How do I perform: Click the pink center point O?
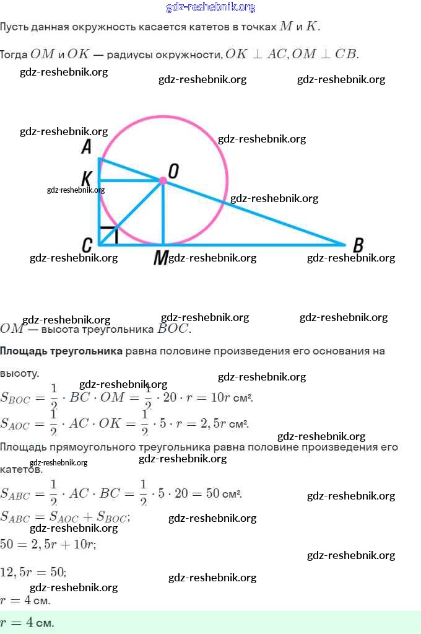(162, 180)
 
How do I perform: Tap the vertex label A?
(87, 147)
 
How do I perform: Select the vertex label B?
(358, 245)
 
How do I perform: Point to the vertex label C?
(87, 245)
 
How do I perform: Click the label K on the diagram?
(87, 180)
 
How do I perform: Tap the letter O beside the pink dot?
(174, 172)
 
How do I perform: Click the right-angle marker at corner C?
(109, 235)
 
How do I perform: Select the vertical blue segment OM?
(163, 214)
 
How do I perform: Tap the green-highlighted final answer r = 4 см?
(27, 622)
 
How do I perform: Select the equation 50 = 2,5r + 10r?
(48, 544)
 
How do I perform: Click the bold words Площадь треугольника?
(61, 351)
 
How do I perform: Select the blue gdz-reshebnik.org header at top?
(210, 7)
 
